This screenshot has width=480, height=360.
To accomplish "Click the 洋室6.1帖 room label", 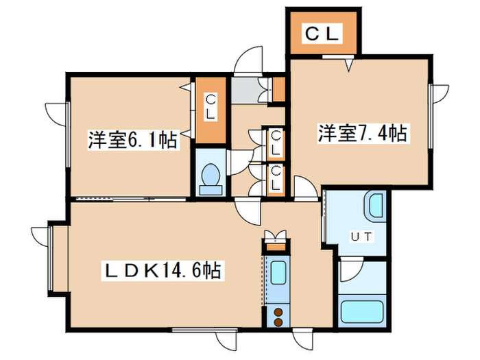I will click(x=132, y=141).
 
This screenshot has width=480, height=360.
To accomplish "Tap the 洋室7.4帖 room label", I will click(x=362, y=133).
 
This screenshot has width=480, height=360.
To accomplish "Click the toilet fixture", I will click(x=210, y=178).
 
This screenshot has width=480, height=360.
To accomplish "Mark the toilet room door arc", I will click(x=238, y=162).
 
